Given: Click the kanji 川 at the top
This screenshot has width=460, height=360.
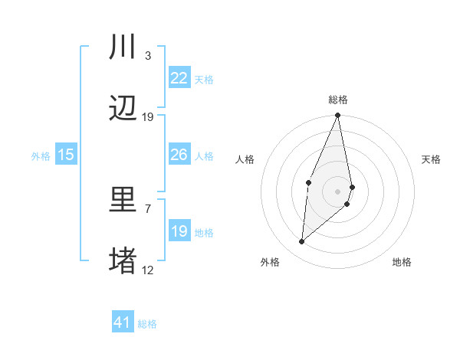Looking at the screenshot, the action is click(123, 47).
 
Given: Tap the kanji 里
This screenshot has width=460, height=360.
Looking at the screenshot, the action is click(123, 200).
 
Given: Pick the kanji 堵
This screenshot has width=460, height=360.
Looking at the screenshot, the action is click(123, 261).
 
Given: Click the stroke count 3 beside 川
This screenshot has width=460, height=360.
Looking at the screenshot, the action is click(147, 56).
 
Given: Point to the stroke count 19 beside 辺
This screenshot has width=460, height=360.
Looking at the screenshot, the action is click(148, 117).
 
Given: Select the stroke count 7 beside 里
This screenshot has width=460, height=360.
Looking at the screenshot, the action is click(147, 208).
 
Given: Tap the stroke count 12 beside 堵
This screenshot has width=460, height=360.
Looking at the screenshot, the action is click(148, 270).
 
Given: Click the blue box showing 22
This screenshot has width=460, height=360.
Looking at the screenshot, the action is click(179, 77).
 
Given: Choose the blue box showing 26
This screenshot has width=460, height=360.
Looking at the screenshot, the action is click(179, 155).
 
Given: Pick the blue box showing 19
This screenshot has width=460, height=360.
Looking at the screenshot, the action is click(179, 231).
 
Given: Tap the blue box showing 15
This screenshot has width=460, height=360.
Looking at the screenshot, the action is click(66, 155).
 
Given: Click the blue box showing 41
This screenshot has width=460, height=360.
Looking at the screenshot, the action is click(123, 322).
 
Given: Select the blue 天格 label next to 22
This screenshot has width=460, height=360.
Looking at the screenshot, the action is click(204, 79).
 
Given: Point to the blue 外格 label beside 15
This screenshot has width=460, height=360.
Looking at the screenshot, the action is click(41, 156).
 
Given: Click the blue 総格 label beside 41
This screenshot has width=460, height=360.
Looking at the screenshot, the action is click(147, 324).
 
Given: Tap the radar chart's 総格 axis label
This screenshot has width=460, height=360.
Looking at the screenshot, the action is click(338, 100).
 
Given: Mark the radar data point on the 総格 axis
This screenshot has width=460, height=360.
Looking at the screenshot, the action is click(338, 116).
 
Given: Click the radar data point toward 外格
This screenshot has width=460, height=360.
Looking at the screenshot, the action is click(302, 241).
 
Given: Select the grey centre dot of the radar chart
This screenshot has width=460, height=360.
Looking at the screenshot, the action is click(338, 191).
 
